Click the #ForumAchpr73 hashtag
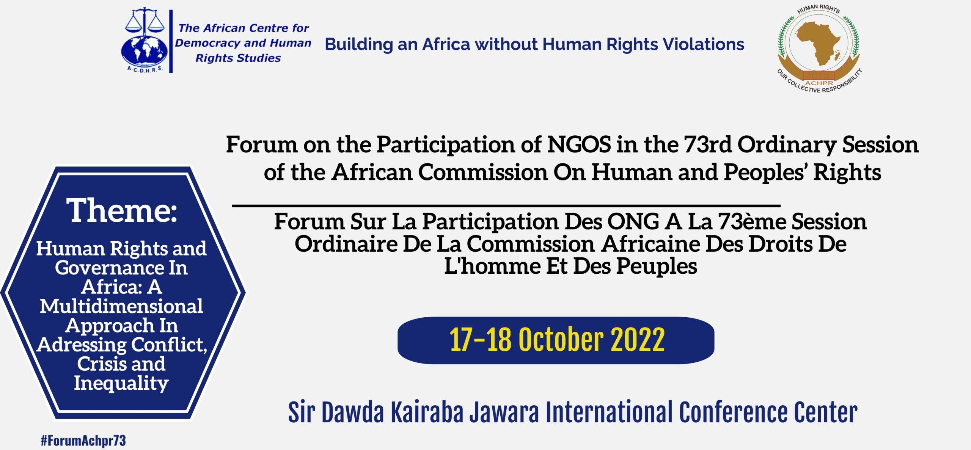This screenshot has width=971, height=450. pyautogui.click(x=83, y=440)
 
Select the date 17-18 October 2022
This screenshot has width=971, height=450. pyautogui.click(x=556, y=340)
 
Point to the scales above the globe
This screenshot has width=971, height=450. pyautogui.click(x=145, y=21)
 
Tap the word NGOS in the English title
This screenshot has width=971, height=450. pyautogui.click(x=579, y=144)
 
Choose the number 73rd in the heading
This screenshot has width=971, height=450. pyautogui.click(x=708, y=144)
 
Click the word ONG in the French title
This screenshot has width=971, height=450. pyautogui.click(x=633, y=221)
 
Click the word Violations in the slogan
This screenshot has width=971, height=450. pyautogui.click(x=703, y=44)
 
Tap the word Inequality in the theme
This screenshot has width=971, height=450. pyautogui.click(x=121, y=383)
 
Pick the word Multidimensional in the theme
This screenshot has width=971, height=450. pyautogui.click(x=121, y=306)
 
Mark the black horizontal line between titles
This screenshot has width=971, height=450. pyautogui.click(x=506, y=205)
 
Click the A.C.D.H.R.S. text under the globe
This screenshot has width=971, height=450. pyautogui.click(x=145, y=69)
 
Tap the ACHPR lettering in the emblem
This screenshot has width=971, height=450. pyautogui.click(x=819, y=83)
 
